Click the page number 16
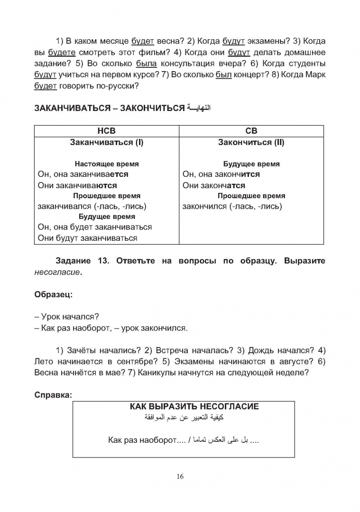180,476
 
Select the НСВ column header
106,131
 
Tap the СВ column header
251,131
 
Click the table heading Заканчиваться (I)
106,142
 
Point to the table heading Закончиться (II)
251,142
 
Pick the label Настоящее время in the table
107,164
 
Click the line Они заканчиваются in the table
77,185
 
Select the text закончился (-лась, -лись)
232,207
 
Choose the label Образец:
53,295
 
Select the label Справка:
53,394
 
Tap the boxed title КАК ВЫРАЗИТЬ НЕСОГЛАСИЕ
194,407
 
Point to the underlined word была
146,64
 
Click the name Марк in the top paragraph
315,74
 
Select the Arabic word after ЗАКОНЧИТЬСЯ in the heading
199,108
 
